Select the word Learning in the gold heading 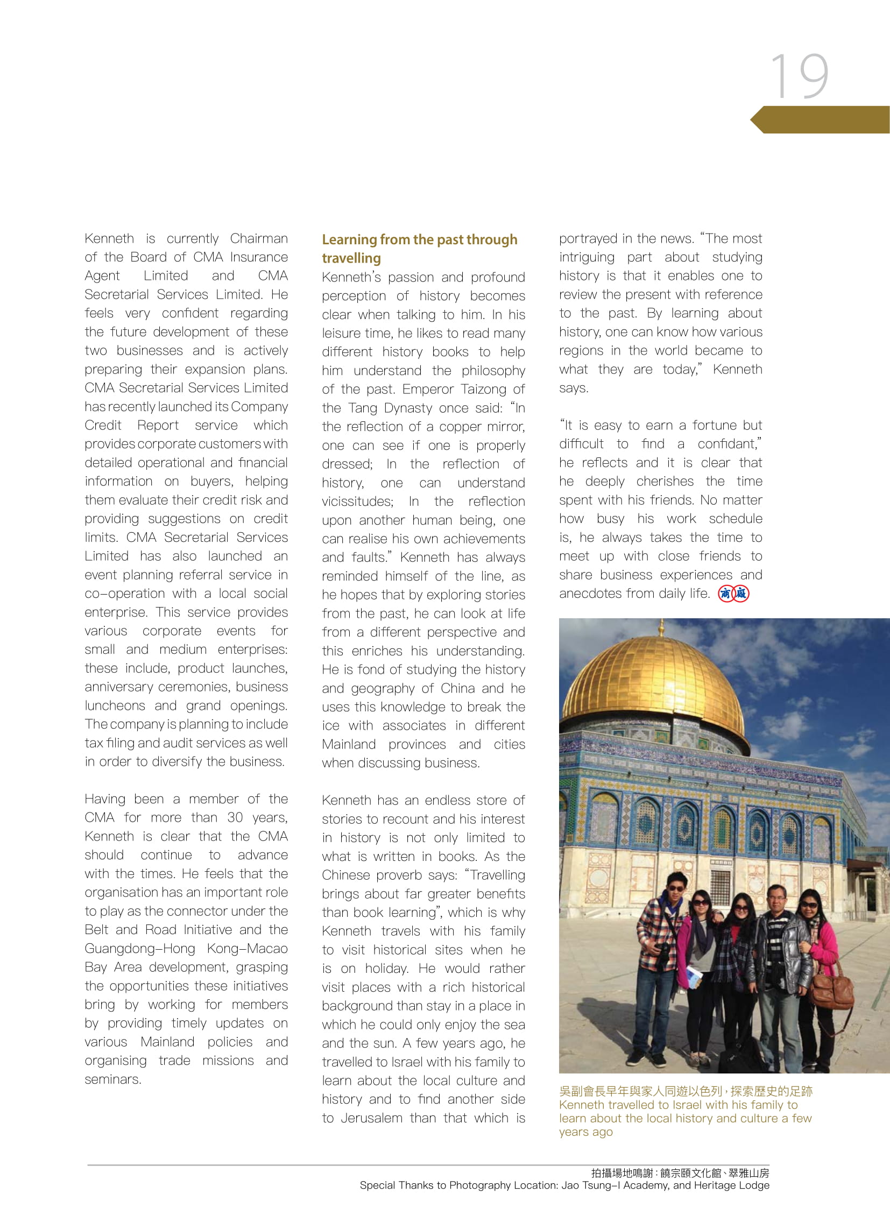point(349,240)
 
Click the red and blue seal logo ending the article point(734,594)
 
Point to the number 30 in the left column point(235,817)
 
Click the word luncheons point(115,705)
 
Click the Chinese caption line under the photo point(686,1091)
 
